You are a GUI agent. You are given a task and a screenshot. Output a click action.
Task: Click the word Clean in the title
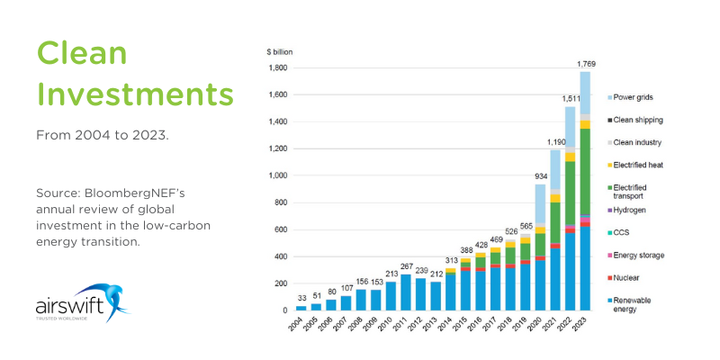pos(81,54)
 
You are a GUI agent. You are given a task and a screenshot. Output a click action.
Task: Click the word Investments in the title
pos(135,94)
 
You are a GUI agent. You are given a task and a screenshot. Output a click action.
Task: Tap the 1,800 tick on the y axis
pos(276,67)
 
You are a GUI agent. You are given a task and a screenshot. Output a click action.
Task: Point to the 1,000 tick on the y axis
pos(276,175)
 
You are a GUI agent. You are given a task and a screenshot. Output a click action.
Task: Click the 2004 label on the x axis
pos(301,326)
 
